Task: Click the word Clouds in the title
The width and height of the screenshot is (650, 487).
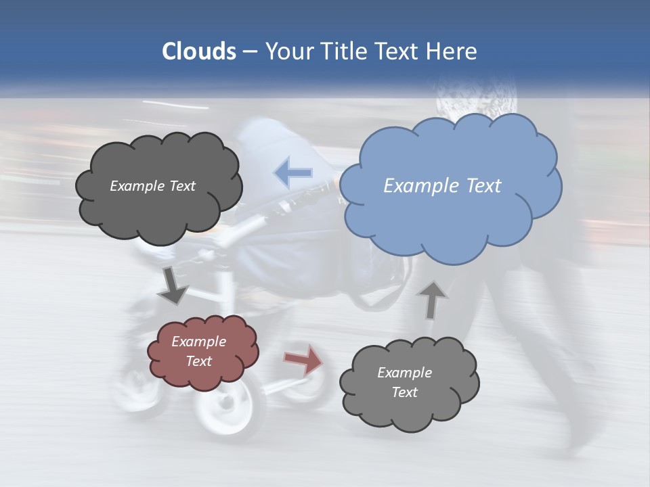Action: click(198, 51)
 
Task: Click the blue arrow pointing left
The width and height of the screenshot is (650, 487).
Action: click(293, 172)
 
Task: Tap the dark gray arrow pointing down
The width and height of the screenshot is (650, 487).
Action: click(173, 286)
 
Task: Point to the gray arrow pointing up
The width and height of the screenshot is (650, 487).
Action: click(431, 300)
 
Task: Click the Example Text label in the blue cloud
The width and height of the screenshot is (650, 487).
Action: click(442, 186)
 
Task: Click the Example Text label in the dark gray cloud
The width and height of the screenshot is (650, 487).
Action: click(152, 186)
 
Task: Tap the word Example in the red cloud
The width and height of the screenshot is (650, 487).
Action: click(198, 342)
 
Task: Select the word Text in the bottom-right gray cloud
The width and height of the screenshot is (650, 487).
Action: click(404, 392)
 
